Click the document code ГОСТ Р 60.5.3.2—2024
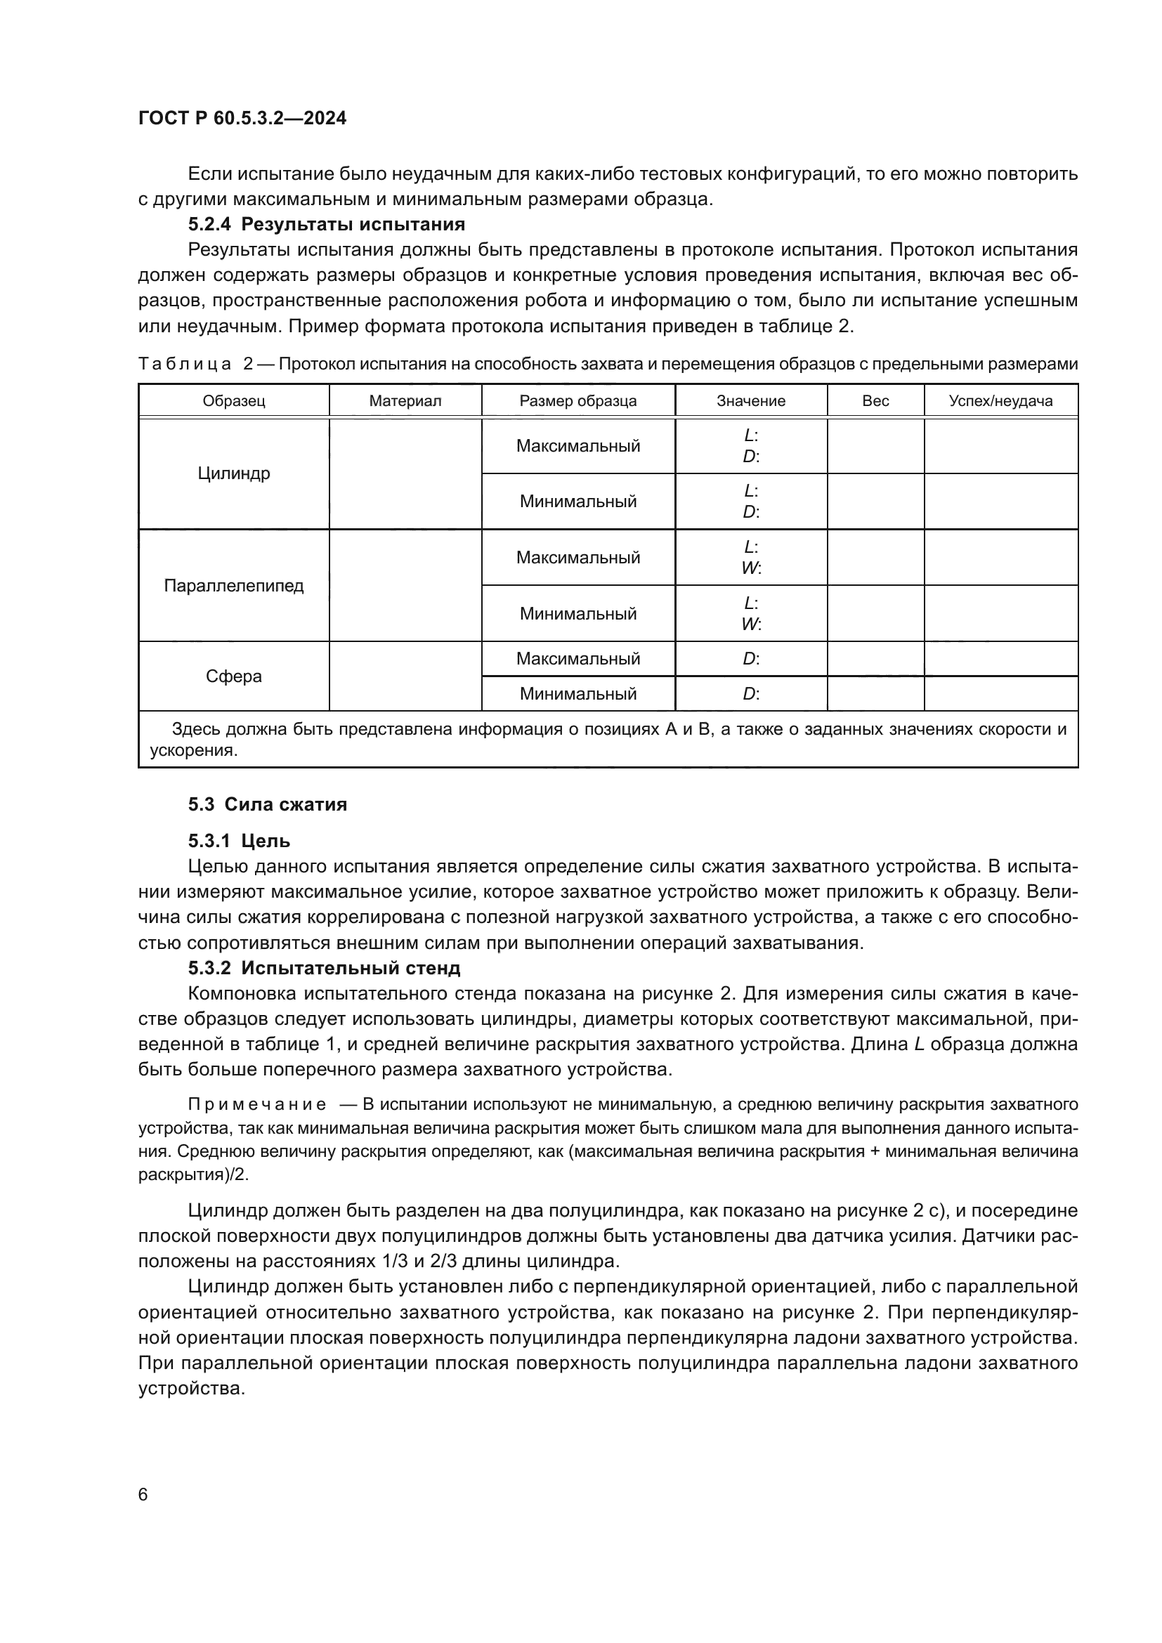coord(242,119)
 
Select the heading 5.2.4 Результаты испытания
coord(326,224)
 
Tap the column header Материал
coord(405,400)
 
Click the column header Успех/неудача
coord(1000,400)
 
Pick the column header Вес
coord(875,400)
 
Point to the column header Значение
coord(750,400)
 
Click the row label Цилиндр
coord(234,473)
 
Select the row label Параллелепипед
coord(234,585)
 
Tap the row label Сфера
coord(234,676)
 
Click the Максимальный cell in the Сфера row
coord(578,658)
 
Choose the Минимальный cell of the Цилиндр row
coord(578,501)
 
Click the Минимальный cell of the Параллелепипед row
coord(578,613)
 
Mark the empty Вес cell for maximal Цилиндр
coord(875,446)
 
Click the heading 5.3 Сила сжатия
coord(268,804)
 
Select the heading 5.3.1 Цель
coord(239,841)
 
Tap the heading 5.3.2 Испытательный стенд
coord(324,968)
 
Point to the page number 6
coord(143,1495)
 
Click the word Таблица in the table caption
coord(185,365)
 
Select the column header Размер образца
coord(578,400)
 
